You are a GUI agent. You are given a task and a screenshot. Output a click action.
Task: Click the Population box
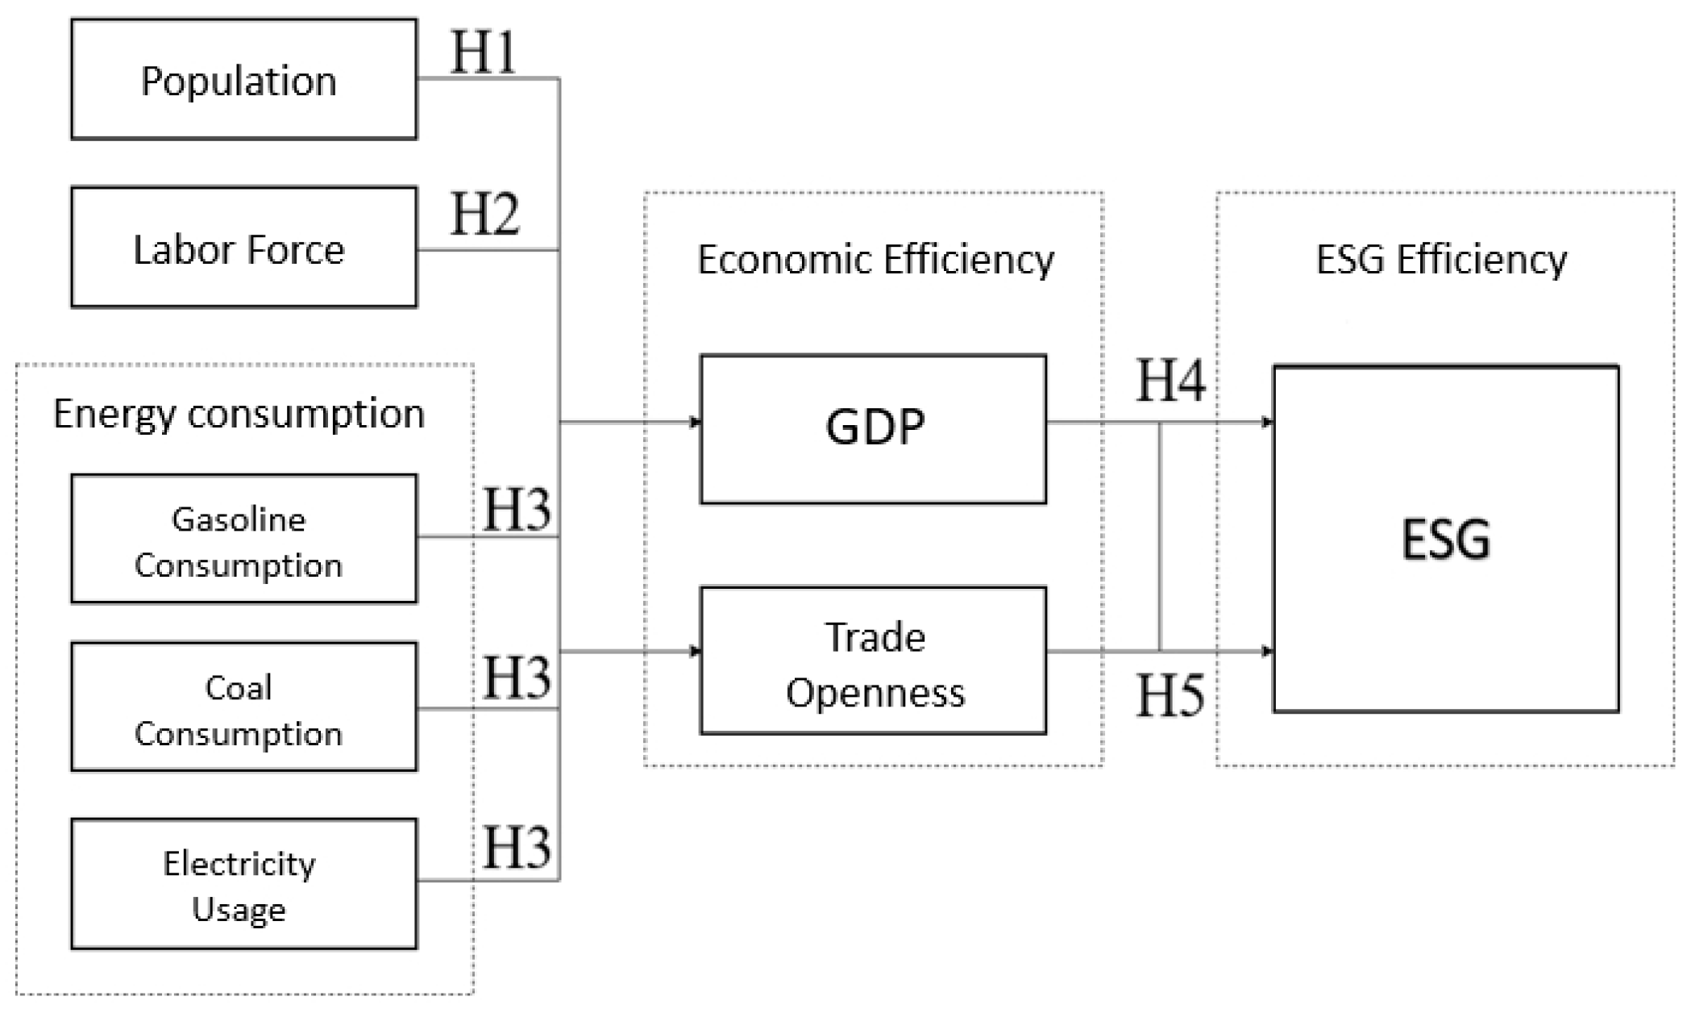(x=244, y=80)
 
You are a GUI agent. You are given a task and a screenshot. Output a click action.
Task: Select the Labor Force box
(x=244, y=248)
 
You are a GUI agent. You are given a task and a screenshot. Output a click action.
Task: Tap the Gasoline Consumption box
(x=244, y=539)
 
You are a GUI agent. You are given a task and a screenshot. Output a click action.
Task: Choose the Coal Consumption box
(x=244, y=707)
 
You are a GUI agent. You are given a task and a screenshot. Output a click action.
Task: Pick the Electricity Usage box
(x=244, y=884)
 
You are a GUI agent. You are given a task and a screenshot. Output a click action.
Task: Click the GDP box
(x=874, y=429)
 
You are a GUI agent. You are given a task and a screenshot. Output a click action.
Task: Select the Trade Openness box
(x=874, y=661)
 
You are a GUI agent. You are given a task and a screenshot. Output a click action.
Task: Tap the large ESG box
(x=1446, y=539)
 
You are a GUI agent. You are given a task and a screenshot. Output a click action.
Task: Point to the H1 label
(x=483, y=52)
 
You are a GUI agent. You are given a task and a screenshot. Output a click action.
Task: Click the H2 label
(x=484, y=214)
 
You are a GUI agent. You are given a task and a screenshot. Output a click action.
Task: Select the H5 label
(x=1170, y=694)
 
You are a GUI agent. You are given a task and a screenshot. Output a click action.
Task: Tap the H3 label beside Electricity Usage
(x=517, y=847)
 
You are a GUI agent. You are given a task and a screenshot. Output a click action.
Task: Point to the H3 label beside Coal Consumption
(x=517, y=677)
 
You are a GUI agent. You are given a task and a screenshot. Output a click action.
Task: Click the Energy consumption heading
(x=239, y=415)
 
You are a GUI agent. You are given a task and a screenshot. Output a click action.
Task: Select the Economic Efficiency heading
(x=875, y=260)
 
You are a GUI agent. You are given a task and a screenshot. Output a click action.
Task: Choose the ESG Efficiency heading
(x=1442, y=260)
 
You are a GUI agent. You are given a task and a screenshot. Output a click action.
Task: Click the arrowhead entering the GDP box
(x=696, y=422)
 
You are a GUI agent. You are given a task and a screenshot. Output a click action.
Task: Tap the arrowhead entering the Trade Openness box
(x=696, y=651)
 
